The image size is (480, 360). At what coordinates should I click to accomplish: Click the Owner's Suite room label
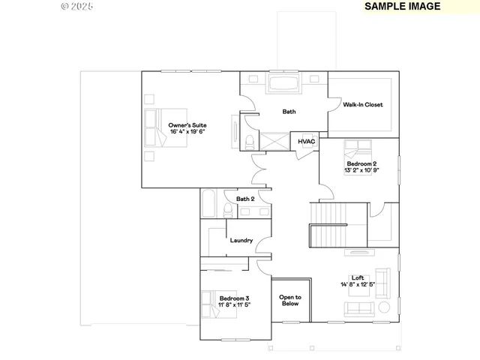click(x=187, y=124)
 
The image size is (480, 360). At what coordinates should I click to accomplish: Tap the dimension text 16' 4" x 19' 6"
click(x=187, y=131)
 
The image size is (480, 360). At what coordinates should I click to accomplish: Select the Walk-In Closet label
click(x=363, y=104)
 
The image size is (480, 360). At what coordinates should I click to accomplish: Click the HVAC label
click(x=306, y=141)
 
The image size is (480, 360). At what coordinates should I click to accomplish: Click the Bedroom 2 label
click(x=361, y=163)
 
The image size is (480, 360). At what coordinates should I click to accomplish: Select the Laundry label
click(x=241, y=241)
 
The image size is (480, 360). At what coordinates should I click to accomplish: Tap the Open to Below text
click(x=290, y=300)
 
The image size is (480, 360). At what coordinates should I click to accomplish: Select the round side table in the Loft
click(x=383, y=307)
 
